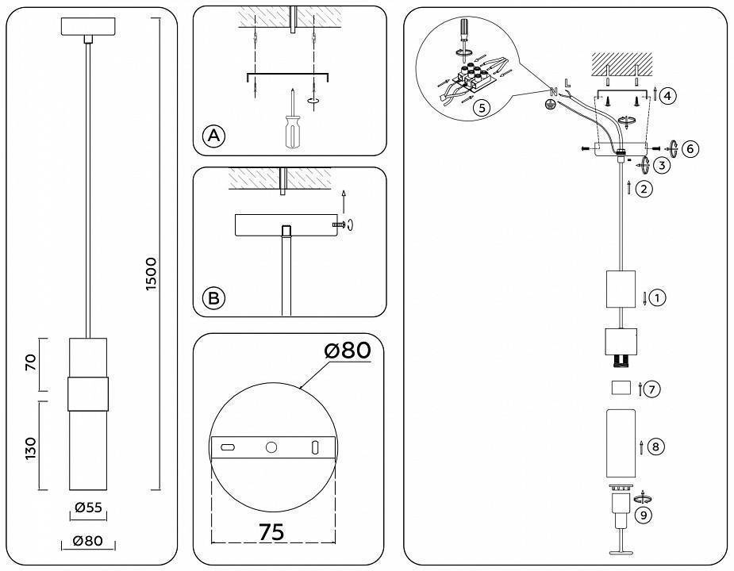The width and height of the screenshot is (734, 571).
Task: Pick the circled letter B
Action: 213,298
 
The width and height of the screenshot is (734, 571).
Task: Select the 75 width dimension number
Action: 271,532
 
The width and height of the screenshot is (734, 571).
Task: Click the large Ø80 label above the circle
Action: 347,350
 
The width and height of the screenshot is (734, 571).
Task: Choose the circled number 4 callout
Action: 667,96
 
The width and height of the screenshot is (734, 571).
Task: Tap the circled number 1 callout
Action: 657,298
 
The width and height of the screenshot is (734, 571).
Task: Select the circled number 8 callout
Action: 655,446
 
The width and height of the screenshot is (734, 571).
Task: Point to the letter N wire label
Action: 553,89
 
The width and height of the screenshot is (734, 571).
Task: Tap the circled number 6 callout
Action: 690,148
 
